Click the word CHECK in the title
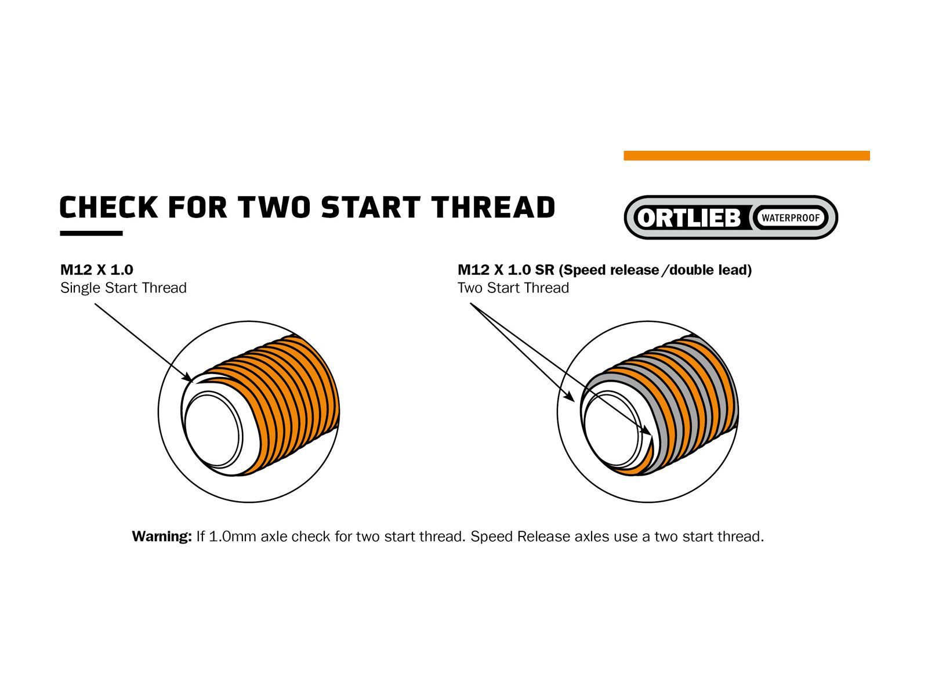coord(108,207)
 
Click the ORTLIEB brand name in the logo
coord(688,218)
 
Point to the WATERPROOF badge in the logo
coord(791,218)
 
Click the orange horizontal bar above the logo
coord(746,155)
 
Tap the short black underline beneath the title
coord(91,233)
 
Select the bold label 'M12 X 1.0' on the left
coord(97,270)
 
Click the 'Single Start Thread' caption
coord(124,288)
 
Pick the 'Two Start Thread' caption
coord(513,288)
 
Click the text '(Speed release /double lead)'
coord(655,270)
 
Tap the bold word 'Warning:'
coord(162,536)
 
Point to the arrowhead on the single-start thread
coord(188,378)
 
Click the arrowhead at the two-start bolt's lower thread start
coord(645,430)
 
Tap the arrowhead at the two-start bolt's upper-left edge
coord(570,397)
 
